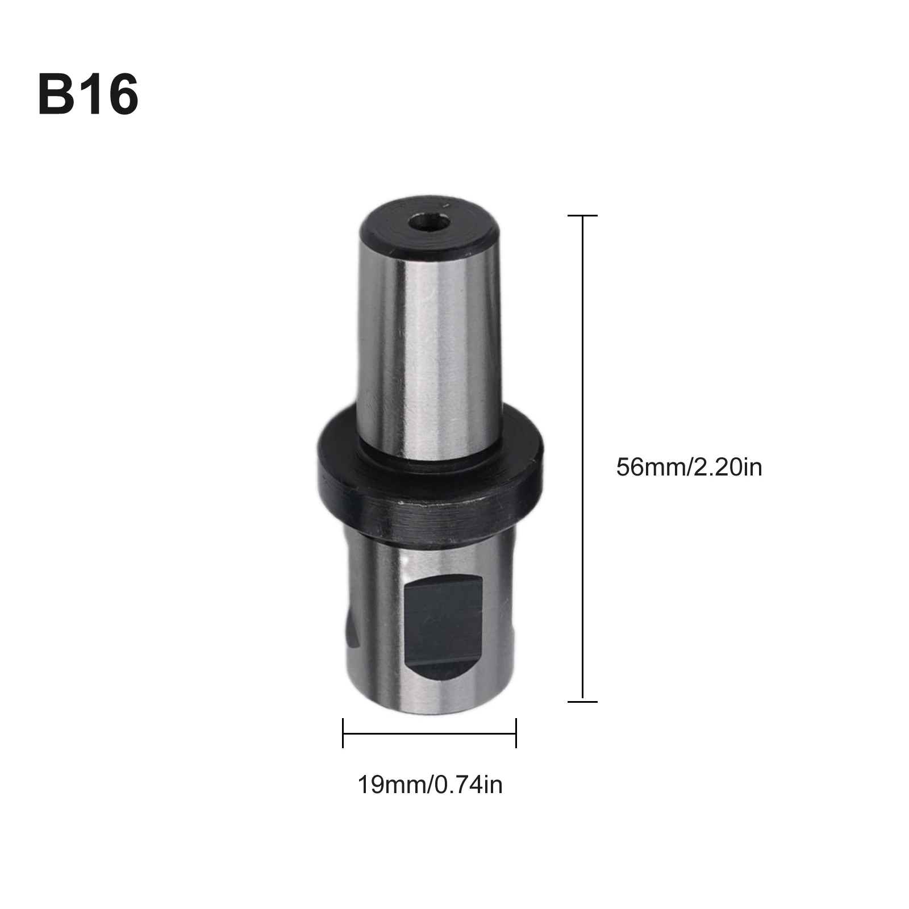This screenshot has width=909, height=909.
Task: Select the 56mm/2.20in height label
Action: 689,468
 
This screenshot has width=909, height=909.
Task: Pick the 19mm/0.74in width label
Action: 430,785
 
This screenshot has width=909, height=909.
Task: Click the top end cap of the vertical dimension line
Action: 582,216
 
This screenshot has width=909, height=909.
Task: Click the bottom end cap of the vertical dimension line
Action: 582,702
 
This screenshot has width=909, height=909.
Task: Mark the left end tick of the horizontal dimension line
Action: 343,733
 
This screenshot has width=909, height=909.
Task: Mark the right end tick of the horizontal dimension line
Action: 516,733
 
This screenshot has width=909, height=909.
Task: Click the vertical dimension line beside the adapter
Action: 582,398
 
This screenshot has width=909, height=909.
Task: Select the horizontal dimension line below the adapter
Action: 430,733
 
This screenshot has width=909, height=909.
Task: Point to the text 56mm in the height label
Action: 651,468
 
